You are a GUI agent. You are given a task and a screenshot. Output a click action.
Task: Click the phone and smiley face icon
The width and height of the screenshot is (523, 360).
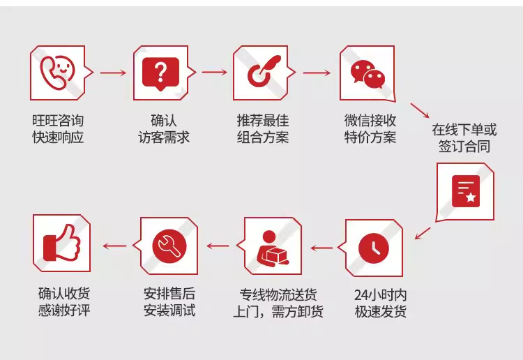click(57, 73)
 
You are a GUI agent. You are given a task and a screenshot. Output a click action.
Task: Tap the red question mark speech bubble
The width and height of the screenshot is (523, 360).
click(160, 73)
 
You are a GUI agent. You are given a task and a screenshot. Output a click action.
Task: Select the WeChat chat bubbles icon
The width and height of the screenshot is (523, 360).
click(367, 74)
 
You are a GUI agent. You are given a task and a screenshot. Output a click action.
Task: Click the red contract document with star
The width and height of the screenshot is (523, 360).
click(466, 191)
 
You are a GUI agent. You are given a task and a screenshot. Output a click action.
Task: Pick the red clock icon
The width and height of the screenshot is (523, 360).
click(374, 248)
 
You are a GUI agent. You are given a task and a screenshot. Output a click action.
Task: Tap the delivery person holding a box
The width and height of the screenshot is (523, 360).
click(272, 248)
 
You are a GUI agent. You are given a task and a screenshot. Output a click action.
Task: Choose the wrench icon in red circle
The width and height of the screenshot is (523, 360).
click(169, 246)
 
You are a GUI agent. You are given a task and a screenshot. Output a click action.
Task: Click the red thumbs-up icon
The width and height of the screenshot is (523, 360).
click(62, 242)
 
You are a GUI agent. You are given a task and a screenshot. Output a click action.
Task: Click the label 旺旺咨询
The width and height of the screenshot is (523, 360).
click(58, 121)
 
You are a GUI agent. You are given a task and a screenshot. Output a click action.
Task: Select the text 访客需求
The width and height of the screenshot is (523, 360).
click(164, 137)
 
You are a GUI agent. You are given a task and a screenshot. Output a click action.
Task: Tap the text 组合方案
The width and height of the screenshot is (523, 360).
click(263, 137)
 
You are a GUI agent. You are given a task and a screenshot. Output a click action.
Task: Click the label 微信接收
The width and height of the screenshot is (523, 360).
click(370, 121)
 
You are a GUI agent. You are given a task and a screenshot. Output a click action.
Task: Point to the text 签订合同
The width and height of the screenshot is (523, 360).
click(464, 146)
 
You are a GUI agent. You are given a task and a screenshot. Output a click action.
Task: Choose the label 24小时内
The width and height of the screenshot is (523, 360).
click(380, 295)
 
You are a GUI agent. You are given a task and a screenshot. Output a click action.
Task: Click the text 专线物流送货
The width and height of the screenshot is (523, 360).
click(278, 294)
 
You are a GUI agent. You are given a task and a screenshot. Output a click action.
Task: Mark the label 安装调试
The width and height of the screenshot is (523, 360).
click(169, 310)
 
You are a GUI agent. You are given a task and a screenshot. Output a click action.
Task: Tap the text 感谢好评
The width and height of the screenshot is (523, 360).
click(64, 310)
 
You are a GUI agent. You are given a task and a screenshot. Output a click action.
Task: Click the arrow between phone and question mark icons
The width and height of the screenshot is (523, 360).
click(113, 73)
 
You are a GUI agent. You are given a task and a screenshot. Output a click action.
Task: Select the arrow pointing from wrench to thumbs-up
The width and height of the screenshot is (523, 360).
click(115, 246)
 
